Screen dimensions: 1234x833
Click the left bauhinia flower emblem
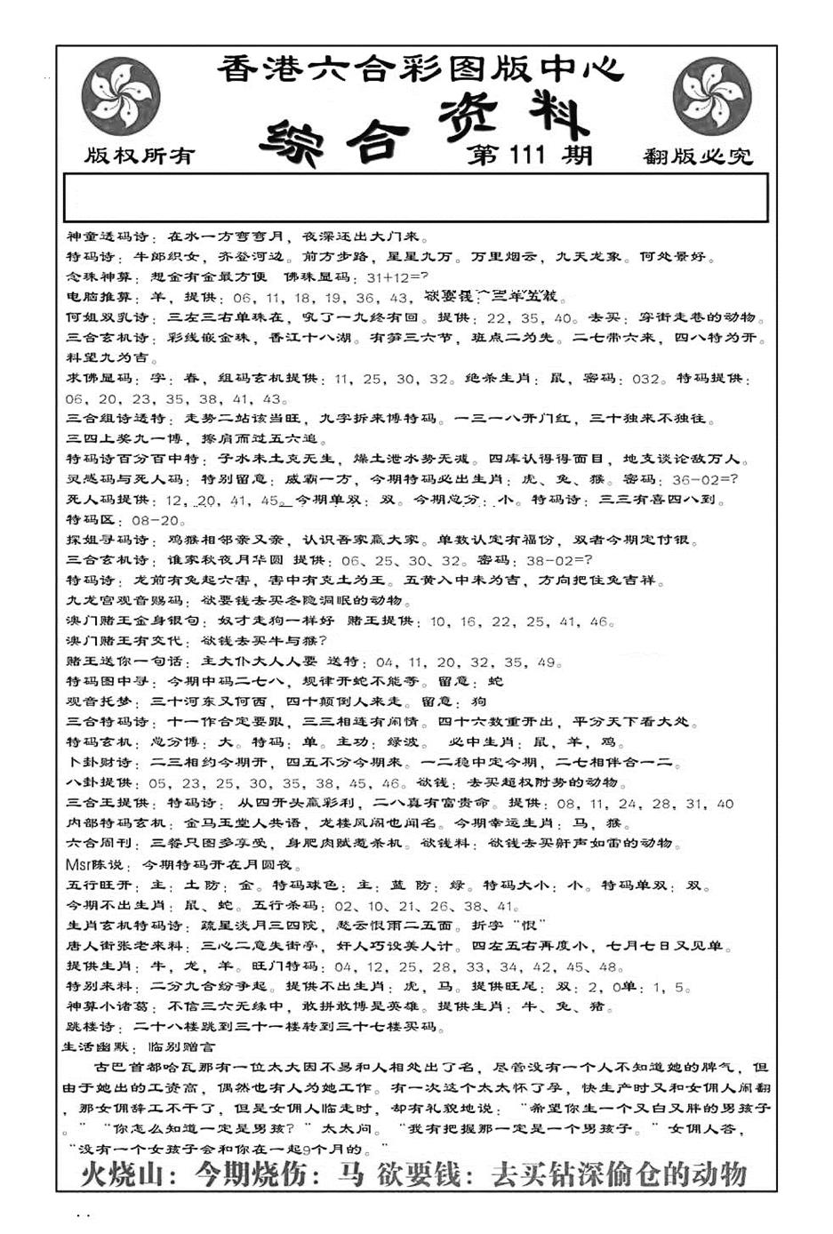click(x=120, y=96)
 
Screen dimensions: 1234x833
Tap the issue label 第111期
click(x=529, y=156)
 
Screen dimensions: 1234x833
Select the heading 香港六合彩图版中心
click(x=420, y=69)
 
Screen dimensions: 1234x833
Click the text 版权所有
click(x=140, y=156)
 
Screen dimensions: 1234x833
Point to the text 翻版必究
click(x=697, y=157)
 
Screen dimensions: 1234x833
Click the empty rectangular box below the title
click(x=416, y=196)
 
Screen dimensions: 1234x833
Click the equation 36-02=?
click(x=705, y=480)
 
